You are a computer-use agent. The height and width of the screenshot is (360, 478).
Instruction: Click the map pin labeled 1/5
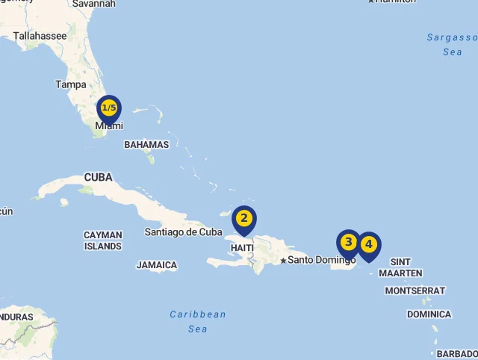pos(109,108)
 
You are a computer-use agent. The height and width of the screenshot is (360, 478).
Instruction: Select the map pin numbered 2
pos(243,219)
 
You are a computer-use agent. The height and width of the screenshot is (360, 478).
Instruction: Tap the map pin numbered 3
pos(348,243)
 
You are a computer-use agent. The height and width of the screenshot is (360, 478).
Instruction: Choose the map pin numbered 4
pos(368,245)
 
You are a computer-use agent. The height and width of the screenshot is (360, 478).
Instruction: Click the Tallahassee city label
pos(40,35)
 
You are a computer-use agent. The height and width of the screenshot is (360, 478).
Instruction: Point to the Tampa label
pos(70,84)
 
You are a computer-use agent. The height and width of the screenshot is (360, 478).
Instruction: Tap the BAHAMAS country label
pos(146,145)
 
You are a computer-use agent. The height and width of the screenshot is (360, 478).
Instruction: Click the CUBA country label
pos(98,178)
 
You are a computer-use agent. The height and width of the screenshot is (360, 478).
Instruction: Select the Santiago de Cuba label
pos(183,232)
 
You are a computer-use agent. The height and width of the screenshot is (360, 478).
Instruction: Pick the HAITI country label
pos(243,247)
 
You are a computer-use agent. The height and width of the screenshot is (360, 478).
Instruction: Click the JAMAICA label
pos(157,265)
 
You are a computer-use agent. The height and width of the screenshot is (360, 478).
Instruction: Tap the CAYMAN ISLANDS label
pos(102,240)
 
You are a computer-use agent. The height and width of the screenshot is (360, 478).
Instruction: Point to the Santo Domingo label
pos(322,260)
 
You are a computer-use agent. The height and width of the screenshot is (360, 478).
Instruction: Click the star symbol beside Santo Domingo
pos(283,261)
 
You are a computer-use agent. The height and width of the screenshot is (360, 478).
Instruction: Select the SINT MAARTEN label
pos(400,267)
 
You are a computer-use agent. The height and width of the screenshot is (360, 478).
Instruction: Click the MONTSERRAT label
pos(415,291)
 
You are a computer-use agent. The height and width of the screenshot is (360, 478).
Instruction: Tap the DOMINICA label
pos(429,314)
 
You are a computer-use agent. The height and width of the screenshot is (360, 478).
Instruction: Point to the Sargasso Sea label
pos(452,44)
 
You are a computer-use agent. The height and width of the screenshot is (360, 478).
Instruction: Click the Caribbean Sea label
pos(198,321)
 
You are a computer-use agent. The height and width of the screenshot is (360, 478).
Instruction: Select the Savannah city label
pos(94,4)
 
